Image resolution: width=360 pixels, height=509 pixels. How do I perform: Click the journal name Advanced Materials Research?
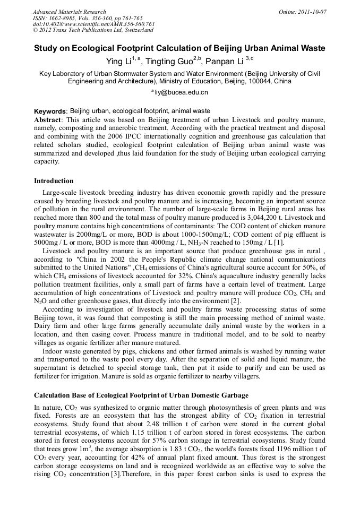[x=69, y=12]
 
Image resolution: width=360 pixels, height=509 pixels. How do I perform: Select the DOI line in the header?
[x=93, y=24]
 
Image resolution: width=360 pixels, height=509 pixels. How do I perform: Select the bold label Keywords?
[x=50, y=111]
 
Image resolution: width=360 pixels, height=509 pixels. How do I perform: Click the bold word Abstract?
[x=48, y=120]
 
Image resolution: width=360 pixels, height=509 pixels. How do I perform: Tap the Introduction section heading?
[x=54, y=181]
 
